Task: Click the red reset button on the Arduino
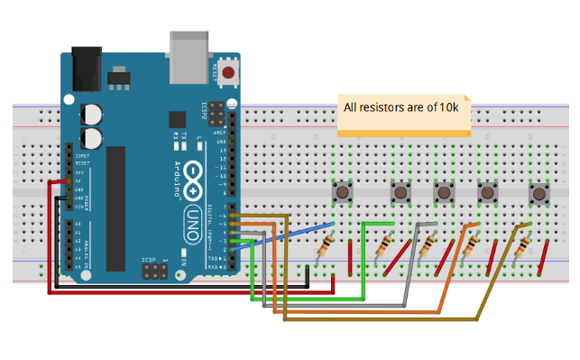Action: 228,72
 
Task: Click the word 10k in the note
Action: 449,107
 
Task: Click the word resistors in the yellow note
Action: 383,107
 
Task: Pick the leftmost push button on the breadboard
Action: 344,192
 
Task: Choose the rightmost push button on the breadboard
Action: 539,193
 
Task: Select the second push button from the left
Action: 400,192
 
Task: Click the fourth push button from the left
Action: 488,193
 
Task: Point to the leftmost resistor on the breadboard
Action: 326,246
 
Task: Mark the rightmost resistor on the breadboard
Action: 520,247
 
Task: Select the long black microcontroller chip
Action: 116,208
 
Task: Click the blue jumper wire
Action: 289,233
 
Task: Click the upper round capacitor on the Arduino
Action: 92,114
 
